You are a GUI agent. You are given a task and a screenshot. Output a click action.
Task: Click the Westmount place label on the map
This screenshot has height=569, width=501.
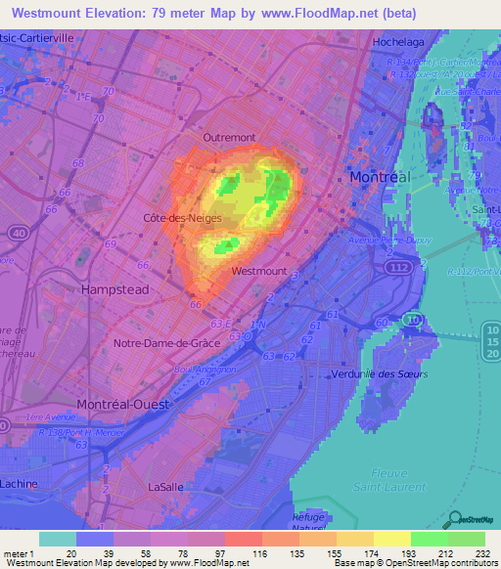pos(260,271)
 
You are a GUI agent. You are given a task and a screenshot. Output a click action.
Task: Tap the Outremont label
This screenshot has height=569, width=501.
pos(228,138)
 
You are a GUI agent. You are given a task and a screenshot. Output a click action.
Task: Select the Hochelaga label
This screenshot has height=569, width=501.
pos(397,43)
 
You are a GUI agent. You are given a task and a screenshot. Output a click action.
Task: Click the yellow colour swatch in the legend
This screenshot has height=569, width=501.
pos(392,539)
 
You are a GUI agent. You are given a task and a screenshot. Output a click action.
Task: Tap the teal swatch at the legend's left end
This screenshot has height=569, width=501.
pos(57,539)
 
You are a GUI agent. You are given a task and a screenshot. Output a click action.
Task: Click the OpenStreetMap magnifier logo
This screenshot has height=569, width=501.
pos(452,519)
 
